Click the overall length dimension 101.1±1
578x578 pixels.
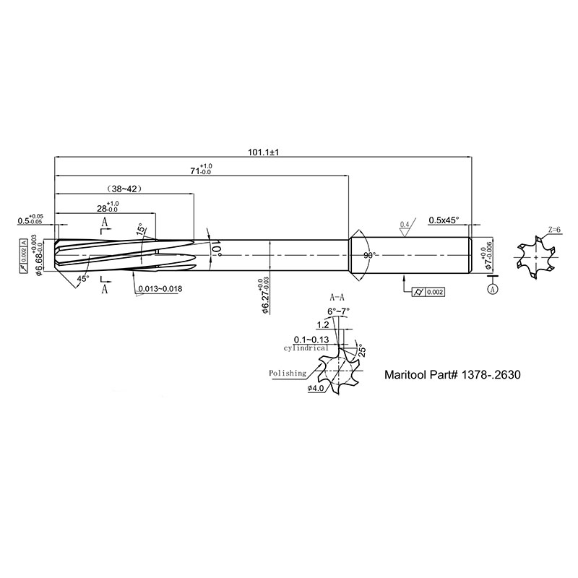263,152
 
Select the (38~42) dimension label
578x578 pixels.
124,189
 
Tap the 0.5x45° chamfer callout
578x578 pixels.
444,220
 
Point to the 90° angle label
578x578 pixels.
369,255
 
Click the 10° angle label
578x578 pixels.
216,249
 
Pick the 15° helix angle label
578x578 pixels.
140,229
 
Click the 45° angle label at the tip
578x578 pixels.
83,279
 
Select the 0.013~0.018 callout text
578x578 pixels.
160,288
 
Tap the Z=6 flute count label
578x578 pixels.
554,230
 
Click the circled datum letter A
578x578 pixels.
493,290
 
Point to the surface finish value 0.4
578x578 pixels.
405,225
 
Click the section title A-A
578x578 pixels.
337,297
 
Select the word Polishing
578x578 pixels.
288,373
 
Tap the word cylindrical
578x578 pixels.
306,348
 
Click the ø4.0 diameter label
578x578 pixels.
316,388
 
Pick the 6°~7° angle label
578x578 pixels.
338,311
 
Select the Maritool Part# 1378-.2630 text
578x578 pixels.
453,375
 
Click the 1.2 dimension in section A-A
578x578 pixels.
323,324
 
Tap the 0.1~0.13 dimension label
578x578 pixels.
311,340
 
